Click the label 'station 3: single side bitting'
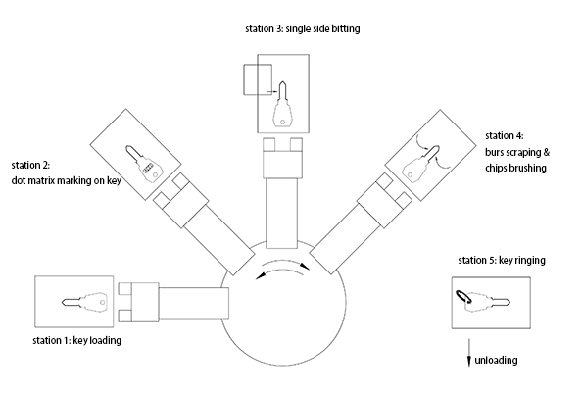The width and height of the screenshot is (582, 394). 302,29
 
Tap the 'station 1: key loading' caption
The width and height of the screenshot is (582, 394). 76,340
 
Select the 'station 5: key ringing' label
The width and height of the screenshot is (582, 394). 502,260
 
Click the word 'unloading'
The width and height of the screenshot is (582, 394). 496,360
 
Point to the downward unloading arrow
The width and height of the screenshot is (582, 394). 469,353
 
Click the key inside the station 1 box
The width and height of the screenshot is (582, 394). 84,302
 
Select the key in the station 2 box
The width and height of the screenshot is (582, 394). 144,164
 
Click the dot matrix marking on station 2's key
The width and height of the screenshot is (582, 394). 149,167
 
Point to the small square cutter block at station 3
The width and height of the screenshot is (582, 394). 258,79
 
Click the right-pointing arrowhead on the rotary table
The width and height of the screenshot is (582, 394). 305,267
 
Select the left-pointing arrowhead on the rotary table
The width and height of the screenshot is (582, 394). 261,275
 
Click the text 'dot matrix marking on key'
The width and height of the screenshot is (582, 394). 67,181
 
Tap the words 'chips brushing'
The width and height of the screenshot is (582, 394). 516,168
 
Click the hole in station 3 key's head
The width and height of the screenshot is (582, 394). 282,122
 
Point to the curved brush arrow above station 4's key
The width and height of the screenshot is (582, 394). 421,142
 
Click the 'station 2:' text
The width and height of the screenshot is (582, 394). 30,165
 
